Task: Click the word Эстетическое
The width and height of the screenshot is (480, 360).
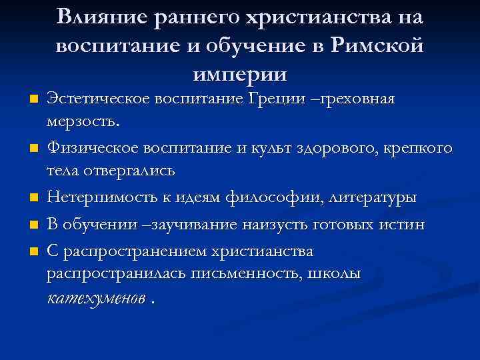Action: (x=98, y=99)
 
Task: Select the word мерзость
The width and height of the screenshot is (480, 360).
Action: (x=82, y=122)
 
